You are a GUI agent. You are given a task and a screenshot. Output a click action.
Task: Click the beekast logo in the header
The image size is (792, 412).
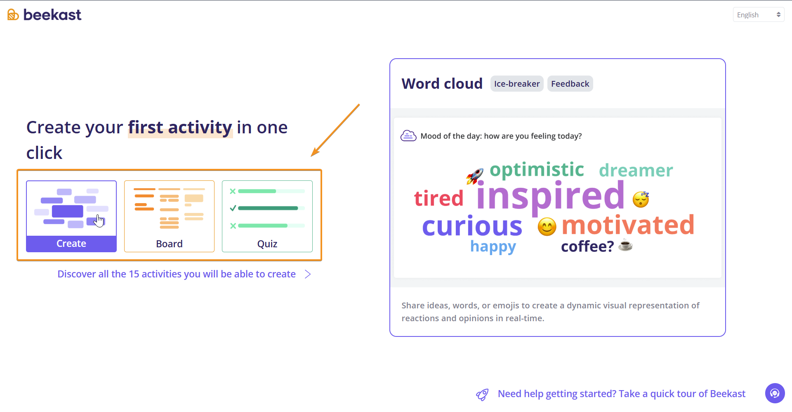coord(44,15)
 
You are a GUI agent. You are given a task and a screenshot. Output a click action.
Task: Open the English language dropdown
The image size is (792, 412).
coord(758,15)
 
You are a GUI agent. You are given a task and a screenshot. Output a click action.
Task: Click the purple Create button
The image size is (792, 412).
coord(71,244)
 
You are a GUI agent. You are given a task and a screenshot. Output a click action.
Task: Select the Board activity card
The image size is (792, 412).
coord(169,216)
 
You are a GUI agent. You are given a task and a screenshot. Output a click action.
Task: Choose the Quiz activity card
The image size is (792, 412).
coord(267,216)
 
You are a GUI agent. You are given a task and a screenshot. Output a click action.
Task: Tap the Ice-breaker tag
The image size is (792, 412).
coord(517,84)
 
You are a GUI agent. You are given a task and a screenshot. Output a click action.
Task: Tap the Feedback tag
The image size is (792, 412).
coord(570,84)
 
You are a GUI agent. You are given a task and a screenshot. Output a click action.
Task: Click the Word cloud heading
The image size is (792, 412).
coord(442,84)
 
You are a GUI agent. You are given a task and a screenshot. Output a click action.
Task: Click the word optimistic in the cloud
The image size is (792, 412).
coord(537,170)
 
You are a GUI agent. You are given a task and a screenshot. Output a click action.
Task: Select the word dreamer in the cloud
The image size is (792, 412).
coord(636,170)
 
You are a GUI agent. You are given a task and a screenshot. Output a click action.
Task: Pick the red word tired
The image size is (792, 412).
coord(439,198)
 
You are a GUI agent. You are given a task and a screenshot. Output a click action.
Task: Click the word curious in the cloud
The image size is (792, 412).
coord(472,226)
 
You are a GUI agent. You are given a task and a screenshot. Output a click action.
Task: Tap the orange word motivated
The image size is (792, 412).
coord(628,225)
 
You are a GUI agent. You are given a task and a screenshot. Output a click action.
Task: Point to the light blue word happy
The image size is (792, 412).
coord(493,246)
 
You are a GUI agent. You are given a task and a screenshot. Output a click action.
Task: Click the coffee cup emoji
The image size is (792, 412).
coord(625,245)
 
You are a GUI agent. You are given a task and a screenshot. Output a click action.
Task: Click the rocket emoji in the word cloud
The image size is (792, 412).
coord(475,176)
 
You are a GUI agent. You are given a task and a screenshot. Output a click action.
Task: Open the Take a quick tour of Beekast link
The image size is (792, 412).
coord(622,394)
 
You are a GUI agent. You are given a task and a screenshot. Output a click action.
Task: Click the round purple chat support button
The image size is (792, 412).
coord(775,393)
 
